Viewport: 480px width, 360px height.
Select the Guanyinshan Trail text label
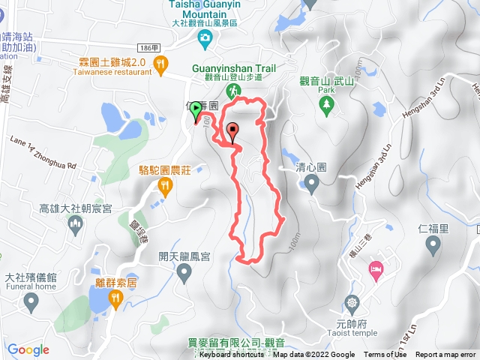(x=233, y=68)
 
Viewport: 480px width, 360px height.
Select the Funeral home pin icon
(x=31, y=302)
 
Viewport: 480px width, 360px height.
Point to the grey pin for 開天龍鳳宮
(x=184, y=274)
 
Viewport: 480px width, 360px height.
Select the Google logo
(x=28, y=349)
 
